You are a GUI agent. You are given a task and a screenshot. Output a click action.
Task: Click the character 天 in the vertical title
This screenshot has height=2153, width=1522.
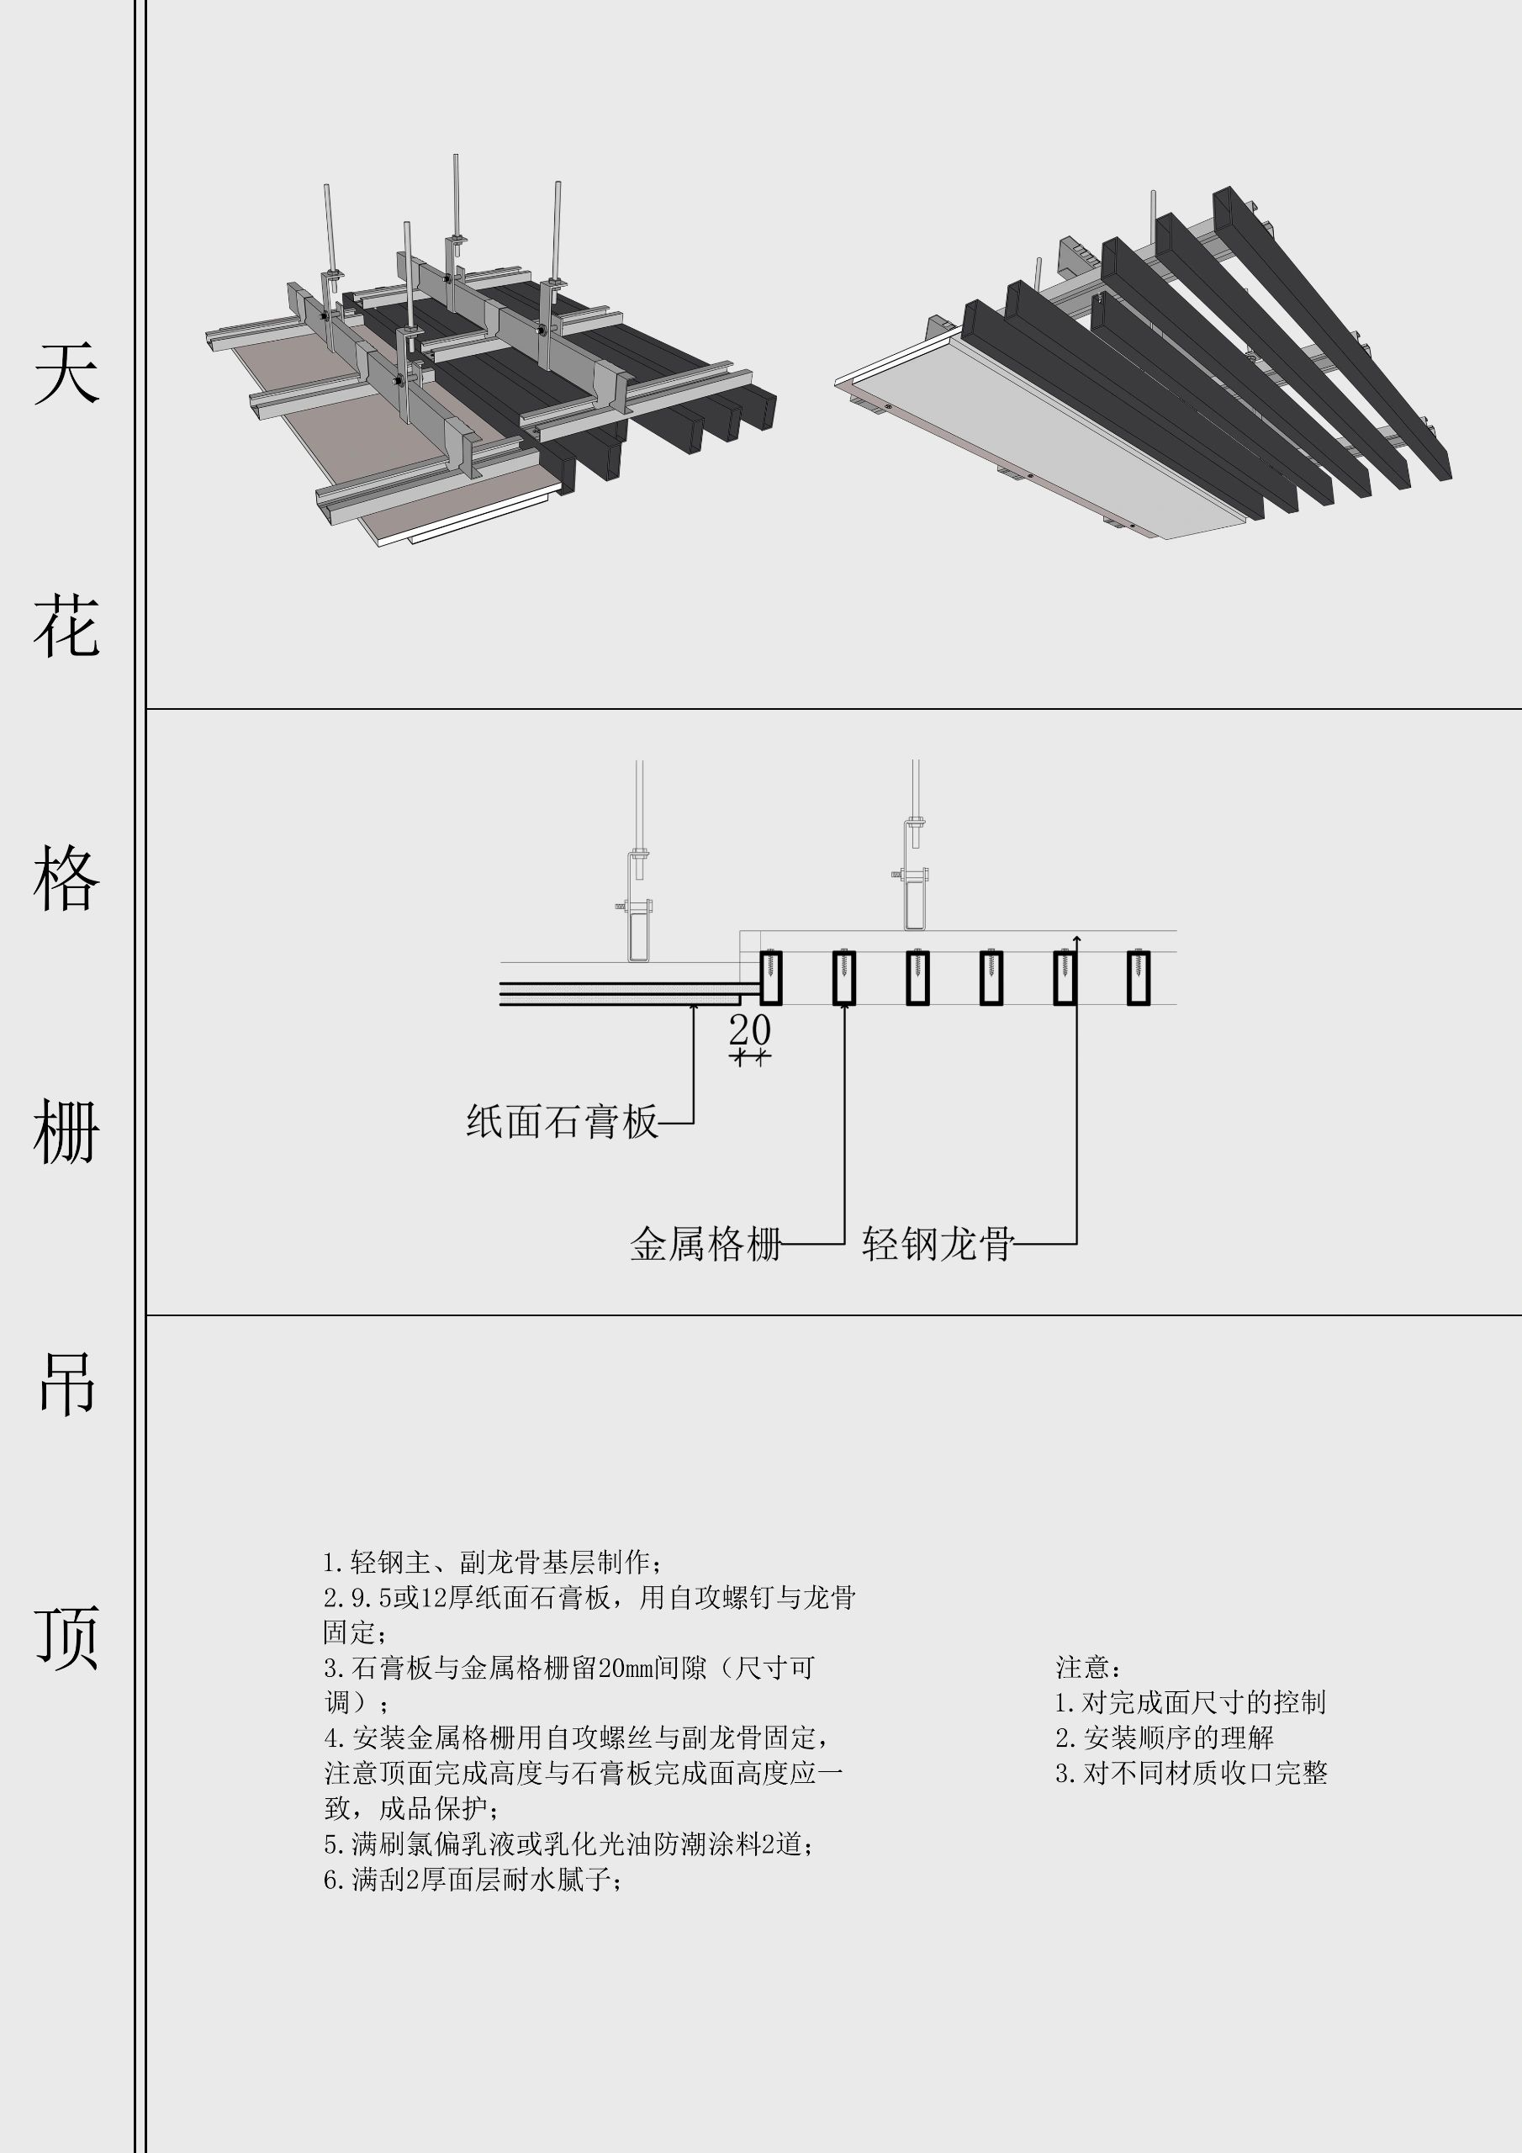66,373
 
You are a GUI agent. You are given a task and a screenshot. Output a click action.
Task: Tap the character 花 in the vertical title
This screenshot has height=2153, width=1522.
66,626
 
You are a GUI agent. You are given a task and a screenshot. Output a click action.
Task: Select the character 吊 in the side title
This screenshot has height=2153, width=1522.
66,1383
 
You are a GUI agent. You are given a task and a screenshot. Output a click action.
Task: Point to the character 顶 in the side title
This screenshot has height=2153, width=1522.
66,1637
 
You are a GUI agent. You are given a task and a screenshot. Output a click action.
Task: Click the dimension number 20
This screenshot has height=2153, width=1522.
749,1029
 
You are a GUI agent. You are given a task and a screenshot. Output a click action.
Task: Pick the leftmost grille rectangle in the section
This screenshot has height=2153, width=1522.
770,978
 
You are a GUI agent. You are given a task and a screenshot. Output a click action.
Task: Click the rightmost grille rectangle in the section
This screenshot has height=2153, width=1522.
1138,978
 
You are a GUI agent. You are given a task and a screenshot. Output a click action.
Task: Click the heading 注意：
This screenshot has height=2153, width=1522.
1089,1667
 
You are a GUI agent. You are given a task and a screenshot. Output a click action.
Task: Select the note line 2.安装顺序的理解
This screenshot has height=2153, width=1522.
1164,1738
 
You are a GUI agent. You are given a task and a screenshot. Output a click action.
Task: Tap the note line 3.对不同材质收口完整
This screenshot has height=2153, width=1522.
1191,1772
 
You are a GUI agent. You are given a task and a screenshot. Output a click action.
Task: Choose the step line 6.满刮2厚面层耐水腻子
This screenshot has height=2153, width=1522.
473,1879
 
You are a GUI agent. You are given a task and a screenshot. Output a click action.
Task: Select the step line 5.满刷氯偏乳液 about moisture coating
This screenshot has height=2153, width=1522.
568,1844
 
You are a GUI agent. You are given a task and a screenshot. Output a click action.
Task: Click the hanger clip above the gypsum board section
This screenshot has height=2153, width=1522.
638,928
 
